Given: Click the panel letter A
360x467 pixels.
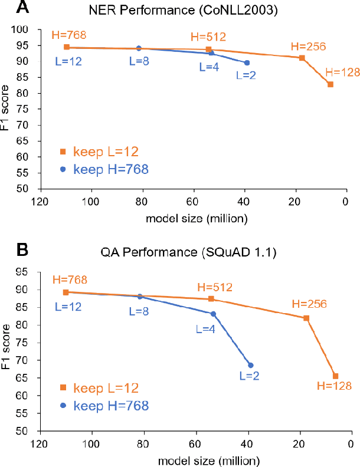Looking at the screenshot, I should [8, 8].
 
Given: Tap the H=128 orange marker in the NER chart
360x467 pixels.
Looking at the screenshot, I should [330, 84].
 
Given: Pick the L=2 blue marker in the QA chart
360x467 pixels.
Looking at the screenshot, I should [250, 365].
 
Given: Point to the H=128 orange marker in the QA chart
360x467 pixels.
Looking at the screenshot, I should [335, 376].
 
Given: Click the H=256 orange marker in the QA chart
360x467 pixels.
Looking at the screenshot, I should [306, 318].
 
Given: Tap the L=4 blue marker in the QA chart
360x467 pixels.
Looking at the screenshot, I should [213, 314].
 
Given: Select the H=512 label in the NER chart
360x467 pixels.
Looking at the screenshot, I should [208, 37].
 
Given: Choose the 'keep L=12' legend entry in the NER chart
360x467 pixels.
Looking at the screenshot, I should [98, 152].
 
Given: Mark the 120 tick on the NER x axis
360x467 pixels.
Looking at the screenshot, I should [40, 202].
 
